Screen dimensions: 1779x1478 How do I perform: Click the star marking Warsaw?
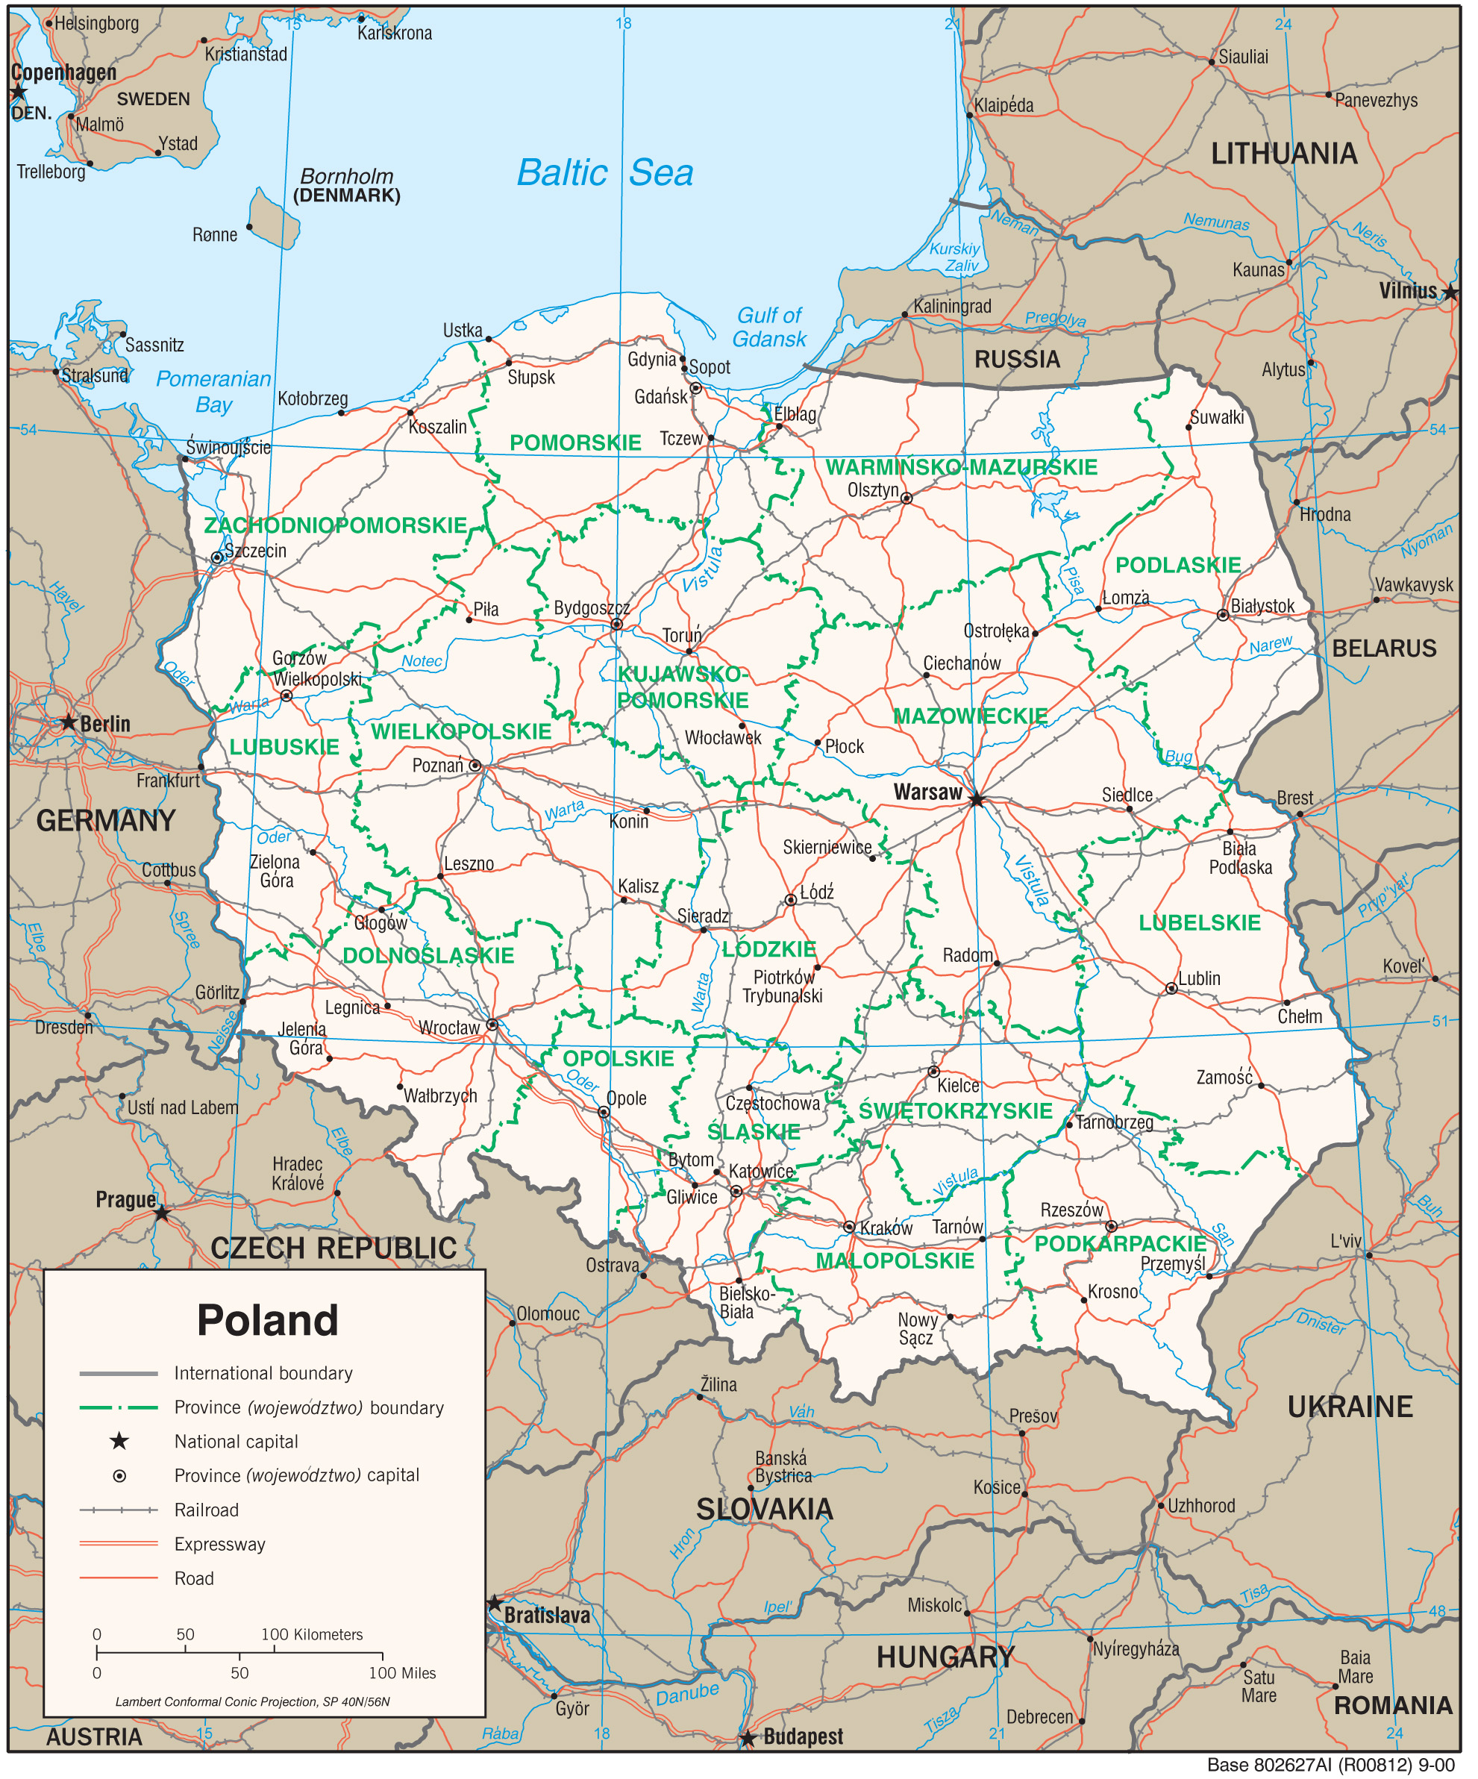coord(977,800)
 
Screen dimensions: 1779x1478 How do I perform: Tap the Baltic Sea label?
coord(605,173)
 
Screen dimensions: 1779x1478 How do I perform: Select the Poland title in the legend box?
coord(268,1321)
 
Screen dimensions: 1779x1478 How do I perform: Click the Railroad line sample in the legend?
coord(119,1510)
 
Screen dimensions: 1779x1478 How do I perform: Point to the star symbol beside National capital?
coord(119,1441)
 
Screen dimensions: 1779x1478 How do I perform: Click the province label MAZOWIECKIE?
coord(970,716)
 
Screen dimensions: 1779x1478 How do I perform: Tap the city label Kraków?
coord(887,1228)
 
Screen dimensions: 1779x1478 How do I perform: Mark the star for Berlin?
coord(69,722)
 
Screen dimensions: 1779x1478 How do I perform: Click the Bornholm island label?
coord(346,176)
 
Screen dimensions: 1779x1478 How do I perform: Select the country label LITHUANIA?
coord(1283,154)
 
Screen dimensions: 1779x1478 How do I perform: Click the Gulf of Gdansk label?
coord(769,327)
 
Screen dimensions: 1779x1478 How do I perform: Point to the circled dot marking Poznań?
coord(475,766)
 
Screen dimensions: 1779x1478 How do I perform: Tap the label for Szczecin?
coord(255,551)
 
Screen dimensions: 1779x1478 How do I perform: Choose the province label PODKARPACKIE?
coord(1120,1244)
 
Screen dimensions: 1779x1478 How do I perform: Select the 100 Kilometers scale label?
coord(312,1635)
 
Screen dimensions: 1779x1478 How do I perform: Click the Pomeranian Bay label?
coord(213,391)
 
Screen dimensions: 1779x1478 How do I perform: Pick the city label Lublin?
coord(1200,978)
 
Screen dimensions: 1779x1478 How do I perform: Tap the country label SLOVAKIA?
coord(764,1510)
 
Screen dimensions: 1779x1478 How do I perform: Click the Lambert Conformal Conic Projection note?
coord(252,1702)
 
